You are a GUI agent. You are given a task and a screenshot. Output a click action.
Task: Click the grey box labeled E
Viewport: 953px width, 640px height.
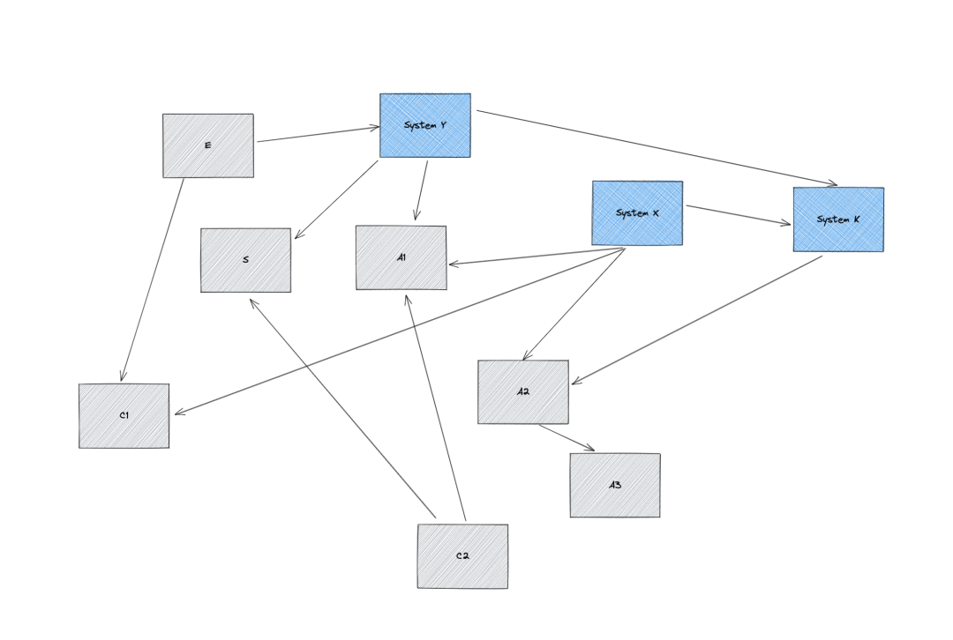[207, 145]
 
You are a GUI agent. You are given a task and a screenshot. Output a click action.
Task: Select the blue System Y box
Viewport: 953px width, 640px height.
[425, 125]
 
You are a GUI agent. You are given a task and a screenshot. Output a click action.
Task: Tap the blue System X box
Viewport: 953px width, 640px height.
[637, 213]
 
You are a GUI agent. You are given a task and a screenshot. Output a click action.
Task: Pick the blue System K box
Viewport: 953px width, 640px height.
[838, 220]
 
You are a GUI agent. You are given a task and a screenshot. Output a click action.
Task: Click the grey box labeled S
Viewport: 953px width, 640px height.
[245, 260]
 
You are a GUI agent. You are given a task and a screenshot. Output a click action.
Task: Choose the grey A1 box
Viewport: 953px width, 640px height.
[401, 257]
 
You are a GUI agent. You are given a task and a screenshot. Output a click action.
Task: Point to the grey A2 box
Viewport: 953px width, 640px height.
[523, 391]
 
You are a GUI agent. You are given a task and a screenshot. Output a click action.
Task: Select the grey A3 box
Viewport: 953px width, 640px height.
[615, 485]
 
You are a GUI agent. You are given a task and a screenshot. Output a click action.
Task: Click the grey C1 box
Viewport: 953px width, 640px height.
[124, 415]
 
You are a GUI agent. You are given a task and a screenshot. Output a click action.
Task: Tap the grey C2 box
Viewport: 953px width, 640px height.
[462, 556]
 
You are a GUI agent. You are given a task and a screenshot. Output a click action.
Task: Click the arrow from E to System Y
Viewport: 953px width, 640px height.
[318, 134]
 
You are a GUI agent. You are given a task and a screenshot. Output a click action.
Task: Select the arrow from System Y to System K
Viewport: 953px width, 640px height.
[657, 148]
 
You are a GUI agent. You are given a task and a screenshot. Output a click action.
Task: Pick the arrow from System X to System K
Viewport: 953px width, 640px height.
[739, 215]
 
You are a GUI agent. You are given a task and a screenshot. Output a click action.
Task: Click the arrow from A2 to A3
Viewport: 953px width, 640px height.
[567, 438]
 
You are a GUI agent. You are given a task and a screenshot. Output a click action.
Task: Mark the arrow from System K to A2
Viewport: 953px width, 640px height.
[697, 320]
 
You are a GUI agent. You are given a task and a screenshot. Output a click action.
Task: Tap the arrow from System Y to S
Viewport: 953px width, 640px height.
[336, 199]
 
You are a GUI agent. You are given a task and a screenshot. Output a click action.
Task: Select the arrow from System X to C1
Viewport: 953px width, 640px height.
[399, 331]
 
